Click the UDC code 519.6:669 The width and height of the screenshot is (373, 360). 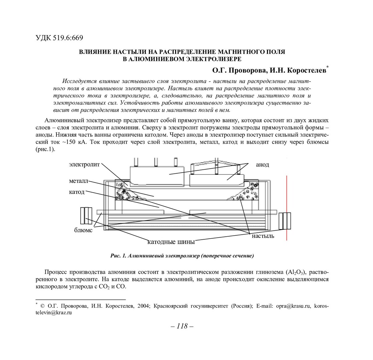pyautogui.click(x=59, y=38)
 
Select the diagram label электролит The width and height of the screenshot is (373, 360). pyautogui.click(x=84, y=164)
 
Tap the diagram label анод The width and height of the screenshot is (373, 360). pyautogui.click(x=262, y=165)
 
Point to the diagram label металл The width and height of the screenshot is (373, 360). pyautogui.click(x=78, y=181)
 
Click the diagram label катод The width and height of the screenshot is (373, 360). pyautogui.click(x=77, y=192)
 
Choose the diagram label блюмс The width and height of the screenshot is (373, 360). pyautogui.click(x=83, y=230)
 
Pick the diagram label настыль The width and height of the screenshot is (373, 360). pyautogui.click(x=263, y=236)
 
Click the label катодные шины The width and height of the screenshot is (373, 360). pyautogui.click(x=171, y=242)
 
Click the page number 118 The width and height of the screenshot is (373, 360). pyautogui.click(x=182, y=326)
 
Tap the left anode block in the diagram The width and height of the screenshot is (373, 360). pyautogui.click(x=157, y=176)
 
